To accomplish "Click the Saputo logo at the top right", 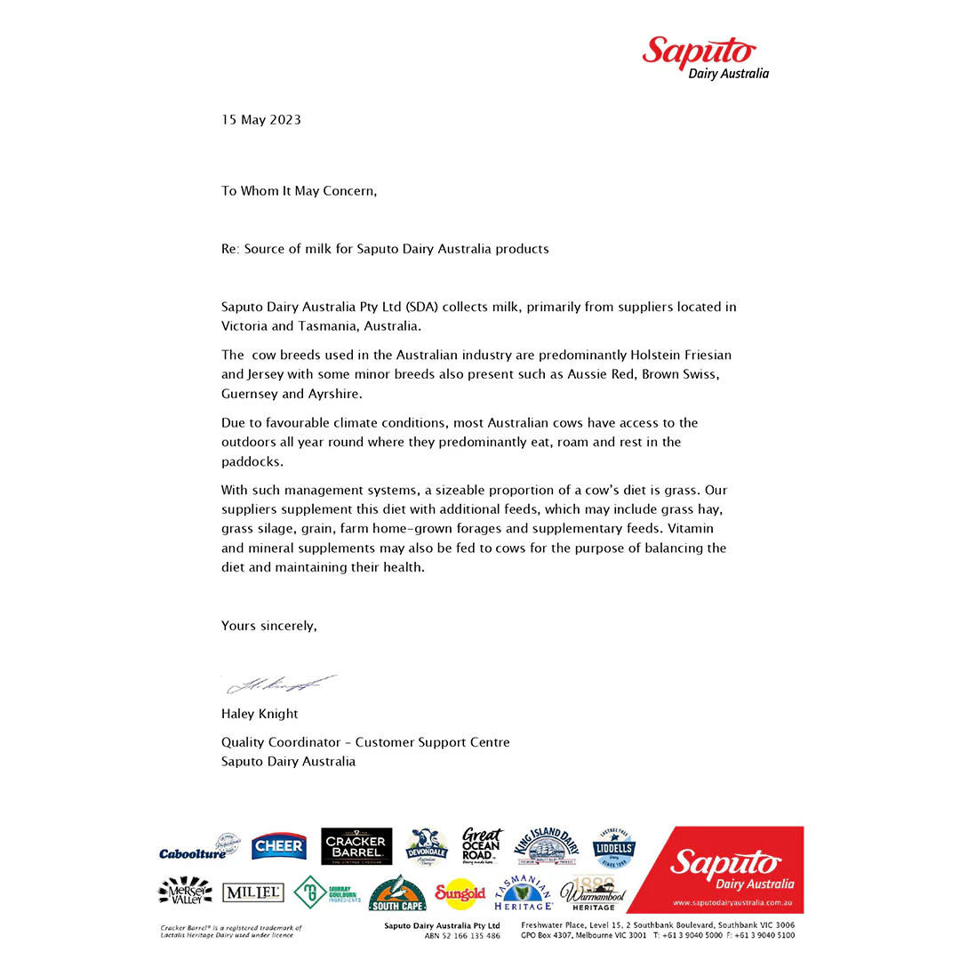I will coord(705,58).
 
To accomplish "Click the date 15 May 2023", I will coord(261,120).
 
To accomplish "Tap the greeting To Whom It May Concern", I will coord(299,190).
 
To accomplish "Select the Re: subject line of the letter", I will coord(385,249).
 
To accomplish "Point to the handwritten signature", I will coord(281,684).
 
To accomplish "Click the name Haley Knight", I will coord(260,714).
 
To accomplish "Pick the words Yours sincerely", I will coord(268,626).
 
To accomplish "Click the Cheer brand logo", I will coord(278,846).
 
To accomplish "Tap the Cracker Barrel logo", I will coord(355,848).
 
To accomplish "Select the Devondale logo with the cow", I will coord(426,847).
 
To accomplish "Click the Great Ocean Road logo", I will coord(482,846).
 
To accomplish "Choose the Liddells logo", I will coord(613,848).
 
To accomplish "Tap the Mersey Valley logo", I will coord(185,892).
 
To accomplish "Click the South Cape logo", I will coord(397,894).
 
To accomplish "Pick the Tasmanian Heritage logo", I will coord(523,893).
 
